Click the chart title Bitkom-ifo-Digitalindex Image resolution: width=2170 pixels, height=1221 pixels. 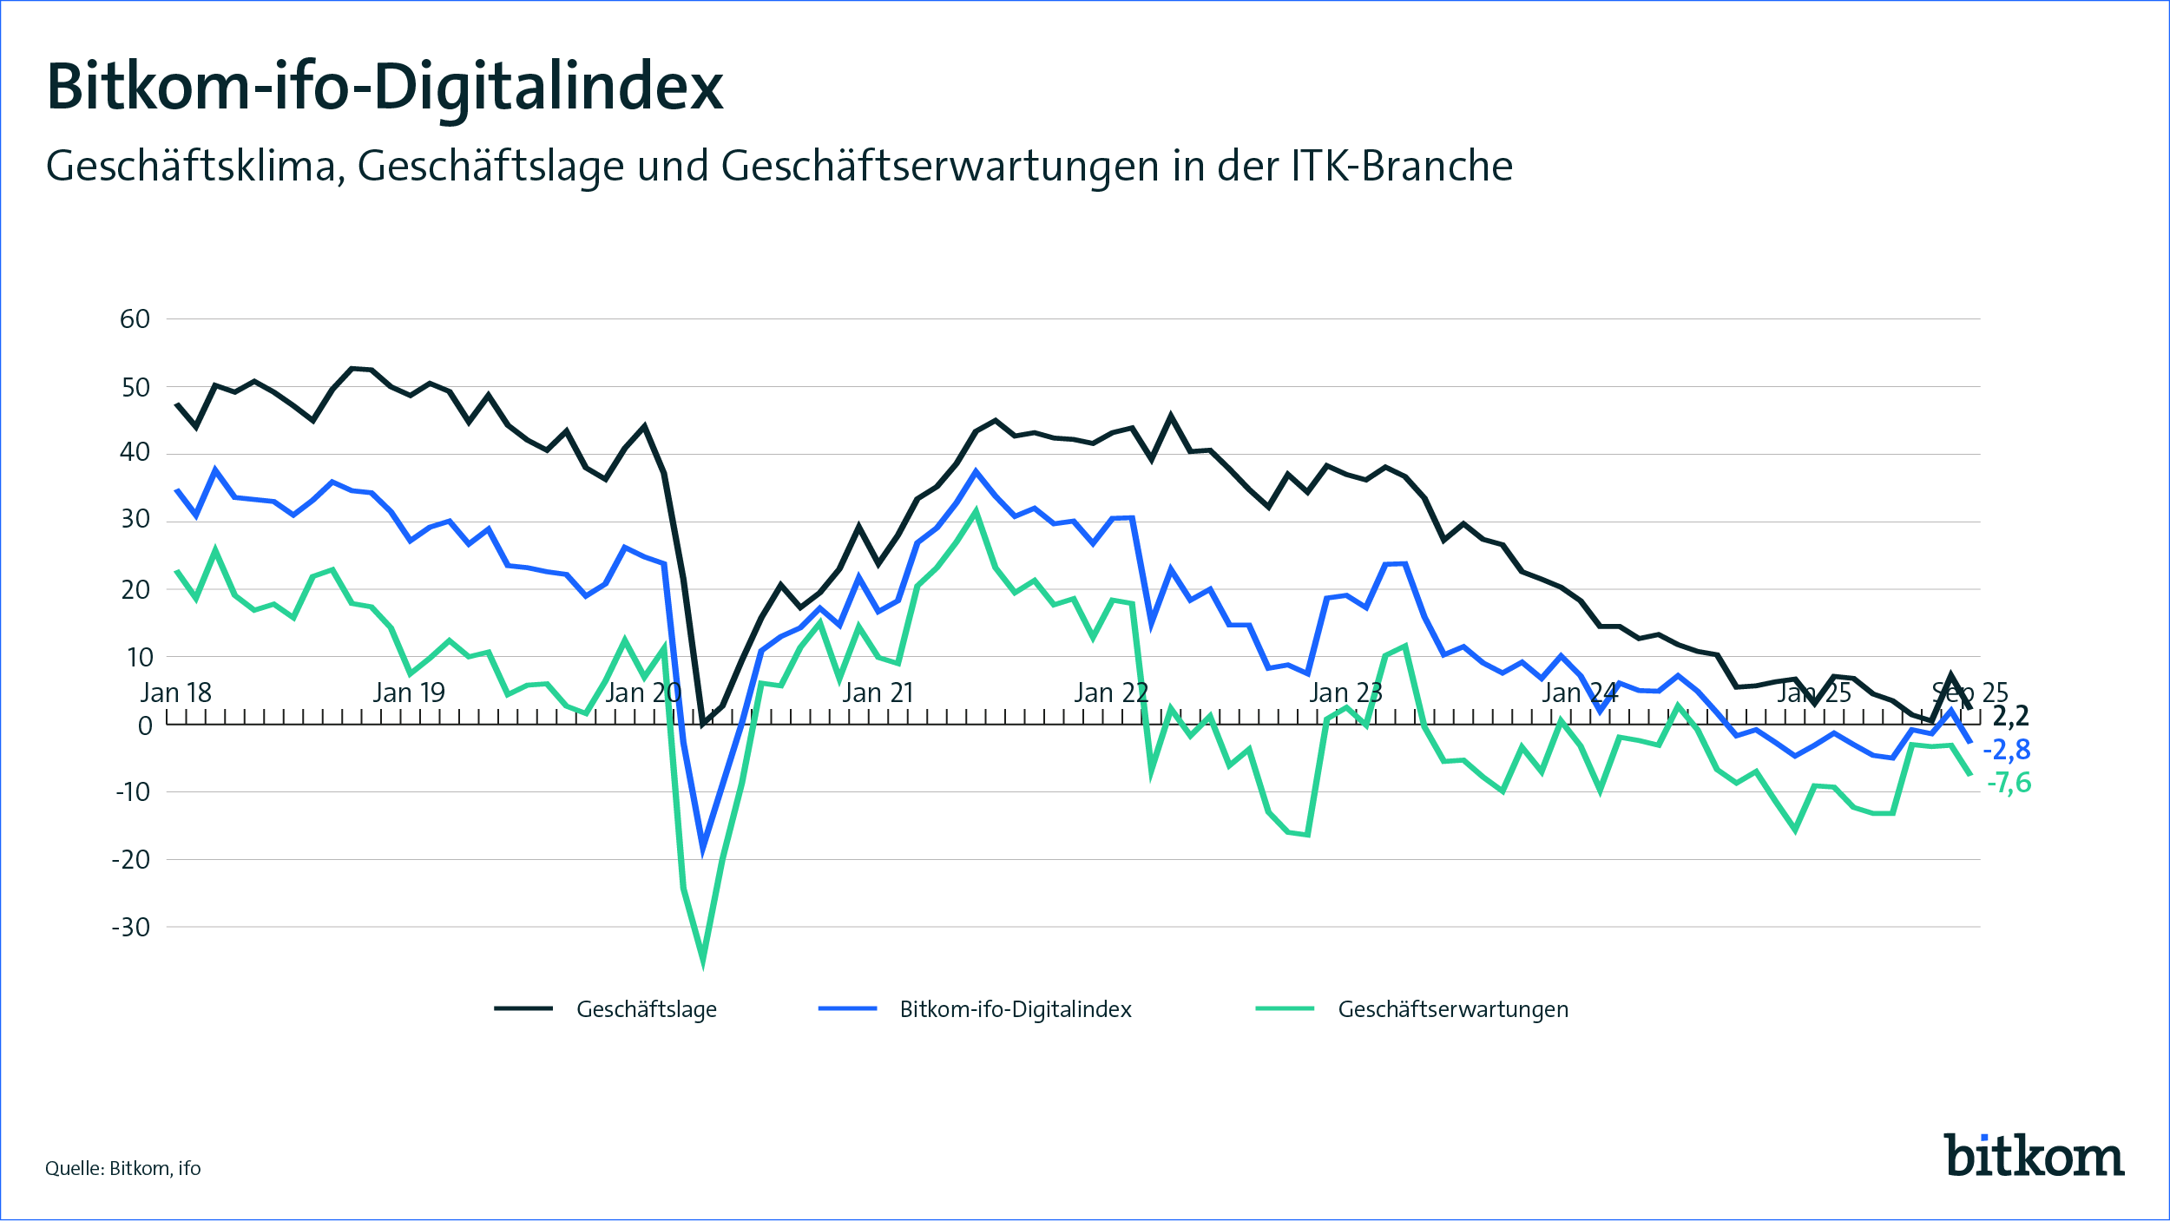pos(385,88)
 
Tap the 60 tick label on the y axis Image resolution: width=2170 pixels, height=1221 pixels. pos(135,319)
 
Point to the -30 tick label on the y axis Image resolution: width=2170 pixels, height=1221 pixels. pos(131,928)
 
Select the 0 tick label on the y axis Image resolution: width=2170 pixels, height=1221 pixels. pos(145,725)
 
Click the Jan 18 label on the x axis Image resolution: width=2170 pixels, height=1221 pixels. pos(176,693)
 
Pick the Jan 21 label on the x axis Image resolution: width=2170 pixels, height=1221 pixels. pos(878,693)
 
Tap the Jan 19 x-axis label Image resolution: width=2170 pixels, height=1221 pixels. pos(409,693)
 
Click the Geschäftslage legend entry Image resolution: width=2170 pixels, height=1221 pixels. pos(646,1009)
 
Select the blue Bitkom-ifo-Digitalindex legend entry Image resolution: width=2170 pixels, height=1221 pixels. pos(1015,1009)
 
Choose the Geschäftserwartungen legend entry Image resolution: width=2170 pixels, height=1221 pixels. pos(1452,1009)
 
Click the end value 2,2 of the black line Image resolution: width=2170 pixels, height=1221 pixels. pos(2011,717)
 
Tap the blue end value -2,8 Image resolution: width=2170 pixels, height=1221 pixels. pos(2007,750)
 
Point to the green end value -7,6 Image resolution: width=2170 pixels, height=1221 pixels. pos(2009,784)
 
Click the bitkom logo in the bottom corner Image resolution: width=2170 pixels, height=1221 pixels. pos(2034,1156)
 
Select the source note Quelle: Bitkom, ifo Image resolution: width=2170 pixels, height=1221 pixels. pos(123,1169)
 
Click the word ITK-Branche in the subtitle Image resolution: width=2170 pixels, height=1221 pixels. pos(1402,166)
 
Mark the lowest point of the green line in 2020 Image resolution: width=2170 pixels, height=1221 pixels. pos(703,958)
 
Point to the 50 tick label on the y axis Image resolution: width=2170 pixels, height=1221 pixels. pos(135,388)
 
